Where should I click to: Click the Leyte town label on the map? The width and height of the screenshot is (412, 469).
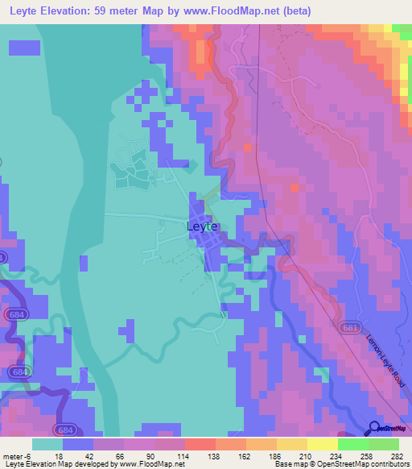[202, 226]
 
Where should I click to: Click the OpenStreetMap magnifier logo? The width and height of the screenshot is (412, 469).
[375, 429]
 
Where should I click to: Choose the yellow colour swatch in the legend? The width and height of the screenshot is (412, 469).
[322, 443]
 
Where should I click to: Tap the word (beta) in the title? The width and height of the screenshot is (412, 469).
[292, 11]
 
